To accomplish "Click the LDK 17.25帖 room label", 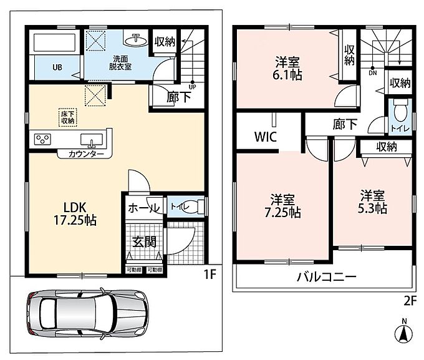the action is click(75, 214).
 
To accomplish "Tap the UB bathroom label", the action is click(57, 67).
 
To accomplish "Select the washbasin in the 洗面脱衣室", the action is click(135, 39).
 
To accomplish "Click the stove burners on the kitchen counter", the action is click(43, 139).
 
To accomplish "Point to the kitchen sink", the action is click(92, 140).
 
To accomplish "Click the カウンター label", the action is click(86, 154).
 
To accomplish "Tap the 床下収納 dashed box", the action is click(68, 117).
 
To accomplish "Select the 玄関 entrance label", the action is click(145, 241).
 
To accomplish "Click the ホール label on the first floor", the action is click(143, 208).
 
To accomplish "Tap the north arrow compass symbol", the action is click(404, 331).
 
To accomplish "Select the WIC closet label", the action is click(266, 137).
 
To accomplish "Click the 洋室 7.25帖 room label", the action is click(282, 206).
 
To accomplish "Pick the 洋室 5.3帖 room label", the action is click(372, 202).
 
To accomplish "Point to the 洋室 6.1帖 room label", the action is click(287, 68).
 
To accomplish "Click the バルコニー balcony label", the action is click(327, 277).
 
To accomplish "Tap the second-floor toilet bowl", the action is click(400, 110).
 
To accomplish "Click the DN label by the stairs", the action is click(373, 73).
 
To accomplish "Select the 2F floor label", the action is click(410, 301).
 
